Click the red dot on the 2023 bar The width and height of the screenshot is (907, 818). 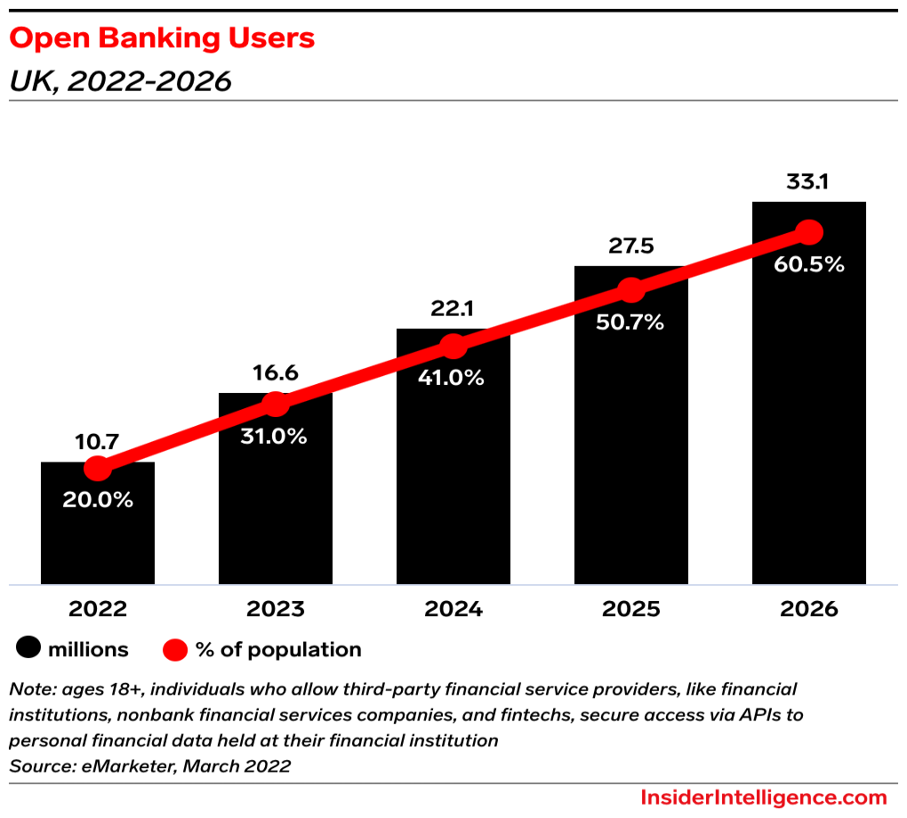[x=276, y=405]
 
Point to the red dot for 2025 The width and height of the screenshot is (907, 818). [x=631, y=290]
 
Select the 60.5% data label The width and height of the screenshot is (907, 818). [x=809, y=264]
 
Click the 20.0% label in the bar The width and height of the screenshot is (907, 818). [x=98, y=500]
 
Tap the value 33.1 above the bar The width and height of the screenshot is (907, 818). [x=809, y=182]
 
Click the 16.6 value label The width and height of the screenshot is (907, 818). [x=276, y=373]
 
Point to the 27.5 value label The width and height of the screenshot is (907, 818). [x=631, y=246]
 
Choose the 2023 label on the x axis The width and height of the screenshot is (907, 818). [x=276, y=609]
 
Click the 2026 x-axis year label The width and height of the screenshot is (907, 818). [x=809, y=609]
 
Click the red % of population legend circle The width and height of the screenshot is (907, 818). [x=175, y=649]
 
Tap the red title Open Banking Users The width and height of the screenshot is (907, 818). [x=161, y=38]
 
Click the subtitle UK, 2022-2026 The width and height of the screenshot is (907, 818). [x=120, y=81]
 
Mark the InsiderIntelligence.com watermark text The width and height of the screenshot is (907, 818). [x=764, y=797]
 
